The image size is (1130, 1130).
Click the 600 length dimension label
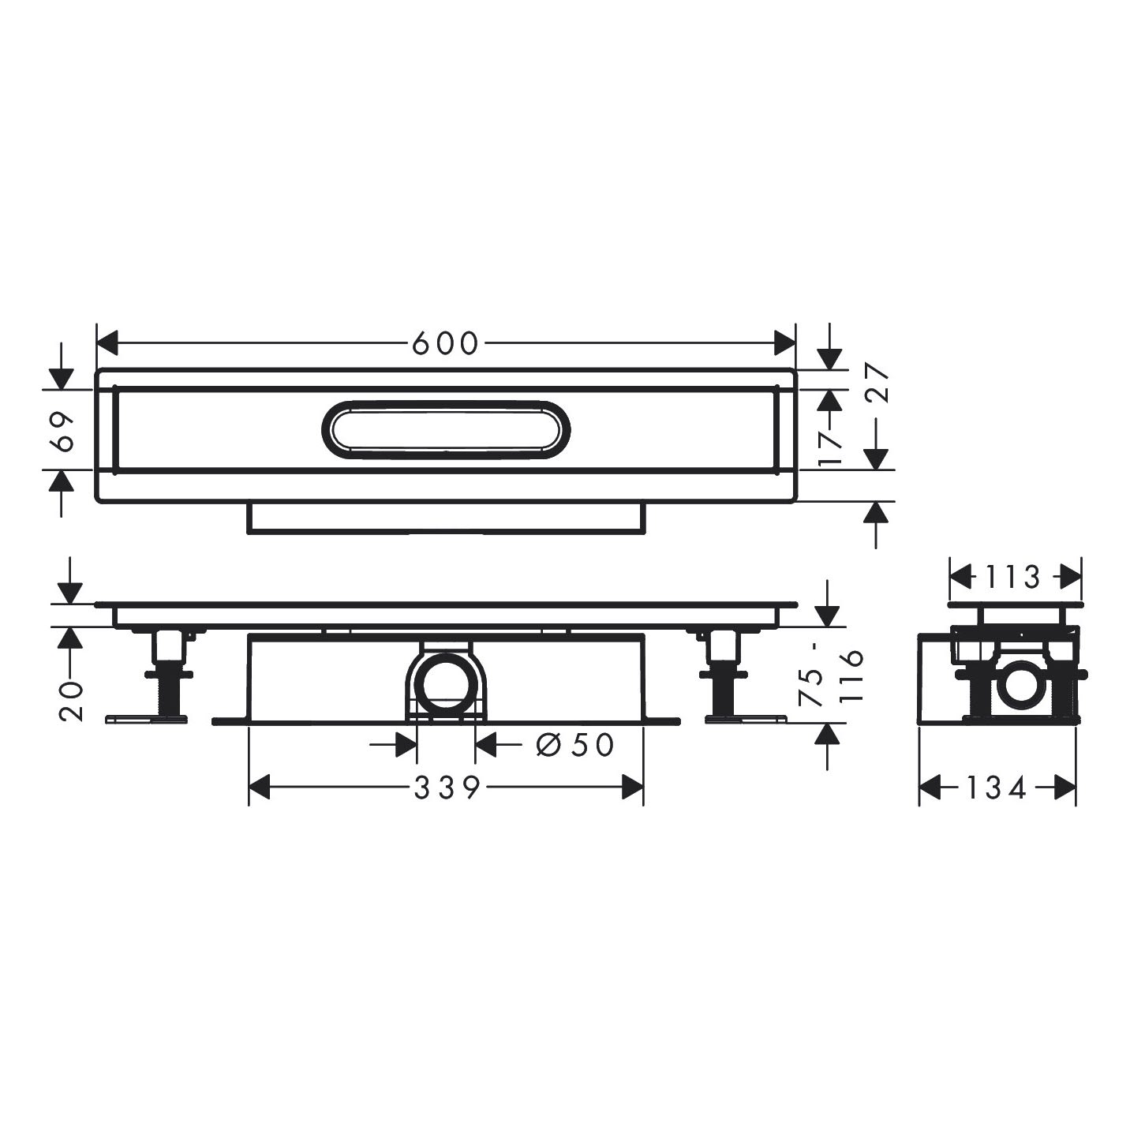pos(445,343)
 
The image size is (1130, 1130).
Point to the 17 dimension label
pos(830,447)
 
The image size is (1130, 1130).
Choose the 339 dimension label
pos(447,788)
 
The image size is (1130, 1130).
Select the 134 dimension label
pos(997,788)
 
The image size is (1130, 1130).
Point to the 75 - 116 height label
pos(831,675)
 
